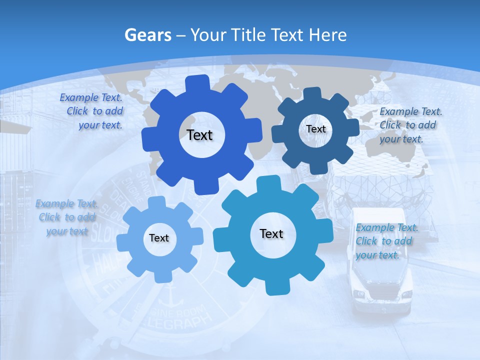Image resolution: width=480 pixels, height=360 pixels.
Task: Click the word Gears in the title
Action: click(147, 35)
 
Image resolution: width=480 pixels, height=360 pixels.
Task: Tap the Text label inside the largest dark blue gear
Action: click(199, 135)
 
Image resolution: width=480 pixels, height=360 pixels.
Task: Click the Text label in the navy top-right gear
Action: click(316, 129)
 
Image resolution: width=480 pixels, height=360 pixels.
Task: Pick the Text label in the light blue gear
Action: click(159, 238)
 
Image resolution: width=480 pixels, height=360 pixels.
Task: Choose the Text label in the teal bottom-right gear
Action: click(271, 233)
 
